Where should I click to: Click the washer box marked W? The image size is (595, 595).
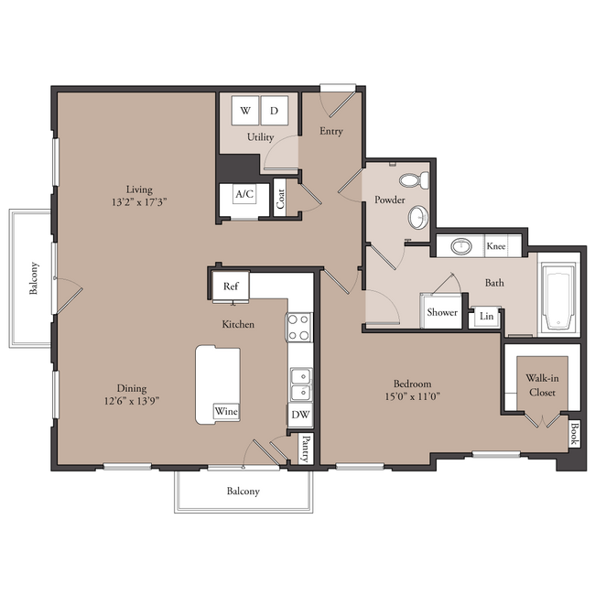coord(245,111)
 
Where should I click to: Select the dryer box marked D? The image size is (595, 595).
coord(275,111)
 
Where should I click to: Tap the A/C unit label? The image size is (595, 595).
coord(244,194)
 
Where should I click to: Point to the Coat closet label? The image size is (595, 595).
coord(280,199)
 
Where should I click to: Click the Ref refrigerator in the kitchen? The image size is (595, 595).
coord(231,287)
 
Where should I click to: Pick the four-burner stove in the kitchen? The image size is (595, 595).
coord(299,328)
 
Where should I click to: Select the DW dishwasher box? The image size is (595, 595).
coord(300,415)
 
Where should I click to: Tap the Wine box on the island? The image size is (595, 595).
coord(226,411)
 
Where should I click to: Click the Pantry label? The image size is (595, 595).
coord(306,449)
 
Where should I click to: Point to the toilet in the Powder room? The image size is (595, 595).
coord(415,179)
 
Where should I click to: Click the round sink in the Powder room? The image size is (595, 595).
coord(418,218)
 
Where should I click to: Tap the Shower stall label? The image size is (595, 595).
coord(442,312)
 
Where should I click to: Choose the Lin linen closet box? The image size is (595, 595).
coord(486,316)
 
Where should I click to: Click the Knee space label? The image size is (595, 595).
coord(496,246)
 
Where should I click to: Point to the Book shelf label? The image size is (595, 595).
coord(574,435)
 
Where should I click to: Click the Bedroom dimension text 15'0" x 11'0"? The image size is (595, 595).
coord(412,396)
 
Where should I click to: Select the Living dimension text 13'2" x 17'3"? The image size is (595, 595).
coord(139,202)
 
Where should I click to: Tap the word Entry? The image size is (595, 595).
coord(330,131)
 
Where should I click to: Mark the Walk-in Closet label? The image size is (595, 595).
coord(542,385)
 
